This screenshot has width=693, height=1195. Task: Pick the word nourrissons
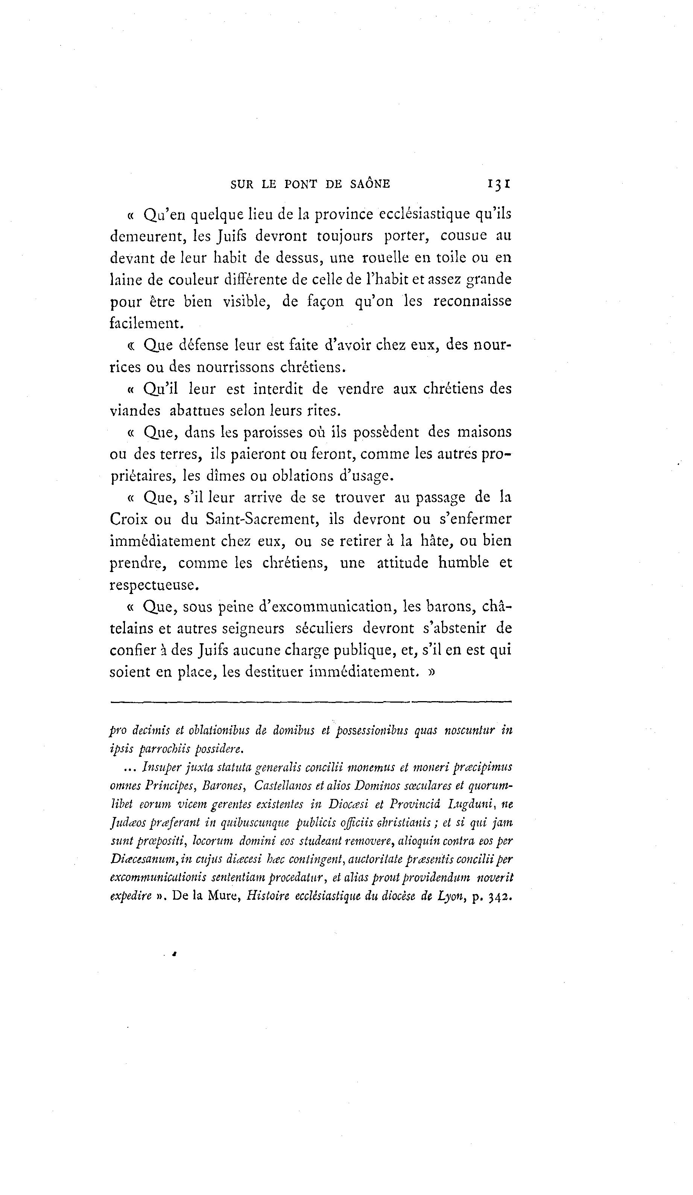pyautogui.click(x=234, y=367)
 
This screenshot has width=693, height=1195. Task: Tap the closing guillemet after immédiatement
pyautogui.click(x=431, y=673)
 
